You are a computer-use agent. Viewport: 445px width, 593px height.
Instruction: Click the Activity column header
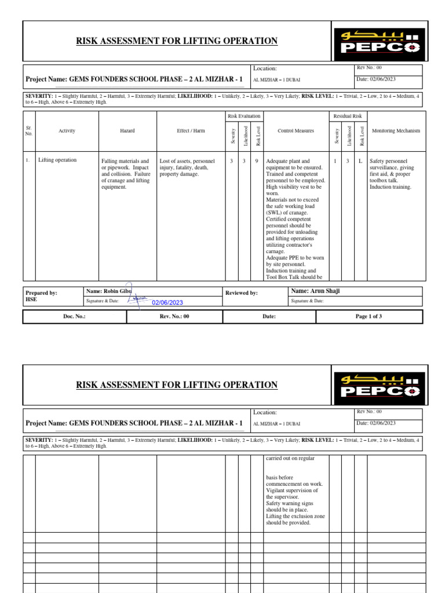tap(67, 131)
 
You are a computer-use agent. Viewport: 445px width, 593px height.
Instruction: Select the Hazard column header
tap(127, 131)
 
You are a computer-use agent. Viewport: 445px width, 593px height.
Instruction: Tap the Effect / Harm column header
tap(191, 131)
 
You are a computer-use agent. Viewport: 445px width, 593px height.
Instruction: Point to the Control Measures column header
tap(296, 131)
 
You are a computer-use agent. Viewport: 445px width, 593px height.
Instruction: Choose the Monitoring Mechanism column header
tap(396, 131)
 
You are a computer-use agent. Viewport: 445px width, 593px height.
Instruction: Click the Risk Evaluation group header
tap(244, 116)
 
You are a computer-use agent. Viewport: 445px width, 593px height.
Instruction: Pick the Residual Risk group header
tap(348, 116)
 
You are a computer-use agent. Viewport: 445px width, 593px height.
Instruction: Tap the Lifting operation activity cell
tap(57, 160)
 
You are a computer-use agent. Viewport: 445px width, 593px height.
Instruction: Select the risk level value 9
tap(257, 161)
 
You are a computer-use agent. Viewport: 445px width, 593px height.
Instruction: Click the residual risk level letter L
tap(360, 161)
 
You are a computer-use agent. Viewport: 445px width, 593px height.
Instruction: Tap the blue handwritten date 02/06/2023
tap(167, 302)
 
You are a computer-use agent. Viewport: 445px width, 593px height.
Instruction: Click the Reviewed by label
tap(242, 293)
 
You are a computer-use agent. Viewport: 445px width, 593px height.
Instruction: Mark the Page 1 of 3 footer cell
tap(369, 317)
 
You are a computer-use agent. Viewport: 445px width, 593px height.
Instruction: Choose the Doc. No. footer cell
tap(74, 317)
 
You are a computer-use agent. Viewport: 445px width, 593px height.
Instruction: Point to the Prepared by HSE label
tap(41, 296)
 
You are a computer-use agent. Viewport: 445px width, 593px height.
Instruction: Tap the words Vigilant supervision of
tap(292, 490)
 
